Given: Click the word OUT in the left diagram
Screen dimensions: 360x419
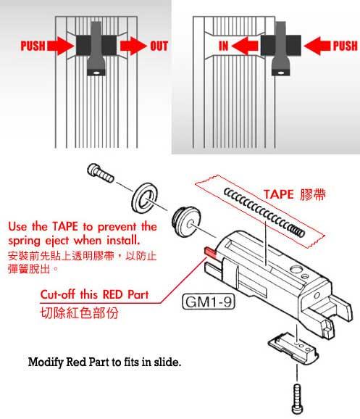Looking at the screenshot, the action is [x=159, y=46].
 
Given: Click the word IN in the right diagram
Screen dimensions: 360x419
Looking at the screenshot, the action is [x=224, y=46].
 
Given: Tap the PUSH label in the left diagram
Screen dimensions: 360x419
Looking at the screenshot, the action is [x=33, y=46].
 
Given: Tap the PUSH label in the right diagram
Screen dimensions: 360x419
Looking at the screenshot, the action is [x=345, y=46].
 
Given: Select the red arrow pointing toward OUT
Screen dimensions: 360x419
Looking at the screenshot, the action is [x=133, y=46].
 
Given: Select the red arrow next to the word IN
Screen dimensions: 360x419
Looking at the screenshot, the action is [x=245, y=46].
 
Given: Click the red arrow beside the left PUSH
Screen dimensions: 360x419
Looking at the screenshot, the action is [x=61, y=46].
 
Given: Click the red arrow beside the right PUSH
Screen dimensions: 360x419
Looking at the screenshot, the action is [x=317, y=46].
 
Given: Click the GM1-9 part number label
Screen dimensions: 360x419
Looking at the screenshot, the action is [x=209, y=302].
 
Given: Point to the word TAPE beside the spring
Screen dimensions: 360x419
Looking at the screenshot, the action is [x=279, y=194].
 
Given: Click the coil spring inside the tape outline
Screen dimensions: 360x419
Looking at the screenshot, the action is [x=264, y=212].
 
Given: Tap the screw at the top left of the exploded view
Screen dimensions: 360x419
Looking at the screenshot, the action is [x=101, y=173].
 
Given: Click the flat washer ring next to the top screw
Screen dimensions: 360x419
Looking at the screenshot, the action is [x=144, y=199].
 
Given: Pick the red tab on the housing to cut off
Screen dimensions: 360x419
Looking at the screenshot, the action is [x=211, y=252].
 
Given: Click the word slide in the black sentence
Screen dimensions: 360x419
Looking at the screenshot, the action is [x=167, y=362].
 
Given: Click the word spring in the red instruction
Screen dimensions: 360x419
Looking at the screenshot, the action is [x=24, y=241].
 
